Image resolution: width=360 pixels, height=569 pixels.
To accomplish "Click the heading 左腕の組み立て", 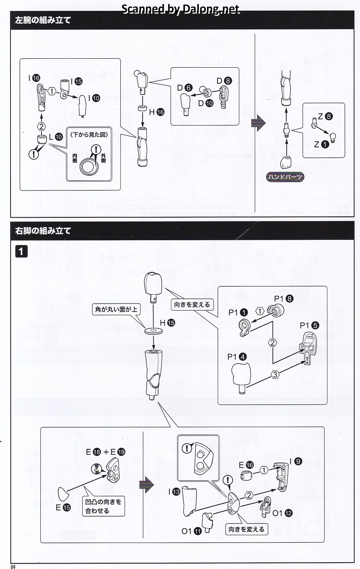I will (43, 20).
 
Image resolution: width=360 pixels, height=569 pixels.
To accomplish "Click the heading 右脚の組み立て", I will (43, 231).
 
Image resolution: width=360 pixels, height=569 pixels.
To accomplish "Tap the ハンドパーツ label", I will (285, 177).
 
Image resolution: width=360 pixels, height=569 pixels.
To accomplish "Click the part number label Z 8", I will (325, 116).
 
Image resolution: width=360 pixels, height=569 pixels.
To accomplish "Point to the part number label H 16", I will (157, 112).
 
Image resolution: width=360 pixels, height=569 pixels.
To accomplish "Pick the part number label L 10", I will (56, 137).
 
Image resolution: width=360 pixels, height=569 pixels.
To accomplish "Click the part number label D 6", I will (184, 88).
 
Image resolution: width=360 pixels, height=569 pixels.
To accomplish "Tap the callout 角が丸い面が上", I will (116, 310).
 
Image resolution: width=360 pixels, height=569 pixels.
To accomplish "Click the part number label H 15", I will (167, 323).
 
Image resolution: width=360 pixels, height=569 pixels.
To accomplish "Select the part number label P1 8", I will (283, 299).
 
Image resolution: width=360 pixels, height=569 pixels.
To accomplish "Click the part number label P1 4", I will (237, 356).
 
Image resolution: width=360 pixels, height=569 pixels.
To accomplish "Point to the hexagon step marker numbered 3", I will (275, 375).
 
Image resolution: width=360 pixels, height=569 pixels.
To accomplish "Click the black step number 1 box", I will (21, 251).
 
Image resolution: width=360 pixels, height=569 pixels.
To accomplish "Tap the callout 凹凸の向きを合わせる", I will (103, 506).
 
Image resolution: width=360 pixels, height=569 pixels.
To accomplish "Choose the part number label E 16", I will (246, 465).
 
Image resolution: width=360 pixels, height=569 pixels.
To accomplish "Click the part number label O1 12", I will (282, 513).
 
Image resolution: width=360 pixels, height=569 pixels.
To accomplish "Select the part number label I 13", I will (174, 492).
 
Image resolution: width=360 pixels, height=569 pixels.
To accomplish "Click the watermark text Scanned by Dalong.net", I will (181, 9).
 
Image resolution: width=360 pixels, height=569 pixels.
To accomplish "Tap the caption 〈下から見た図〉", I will (89, 134).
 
